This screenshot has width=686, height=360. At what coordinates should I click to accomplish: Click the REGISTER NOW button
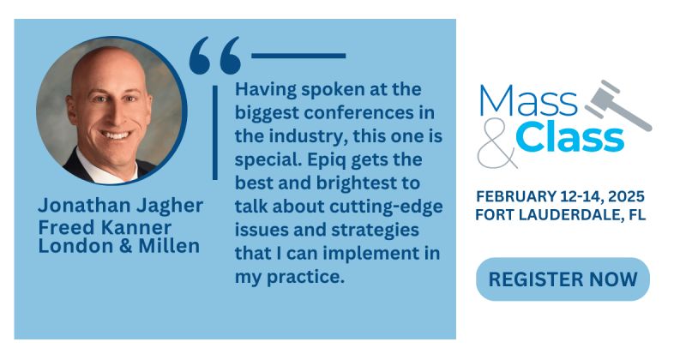click(563, 279)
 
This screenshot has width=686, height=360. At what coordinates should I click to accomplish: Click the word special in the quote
click(263, 161)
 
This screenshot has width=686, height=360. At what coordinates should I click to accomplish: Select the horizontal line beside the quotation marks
click(298, 56)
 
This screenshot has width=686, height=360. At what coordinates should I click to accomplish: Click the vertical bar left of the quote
click(214, 129)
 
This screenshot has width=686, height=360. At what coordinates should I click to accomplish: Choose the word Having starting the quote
click(262, 90)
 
